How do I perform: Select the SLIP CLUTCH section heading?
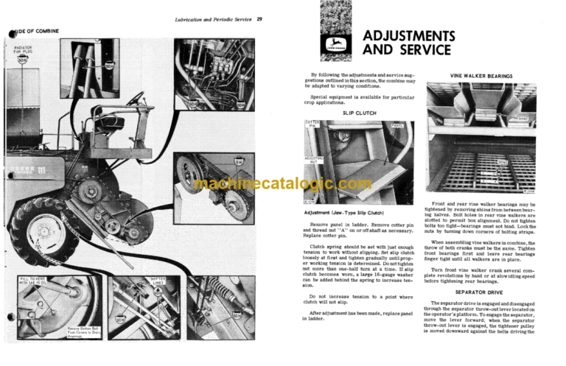click(x=358, y=113)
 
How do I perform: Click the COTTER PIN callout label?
click(x=312, y=127)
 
